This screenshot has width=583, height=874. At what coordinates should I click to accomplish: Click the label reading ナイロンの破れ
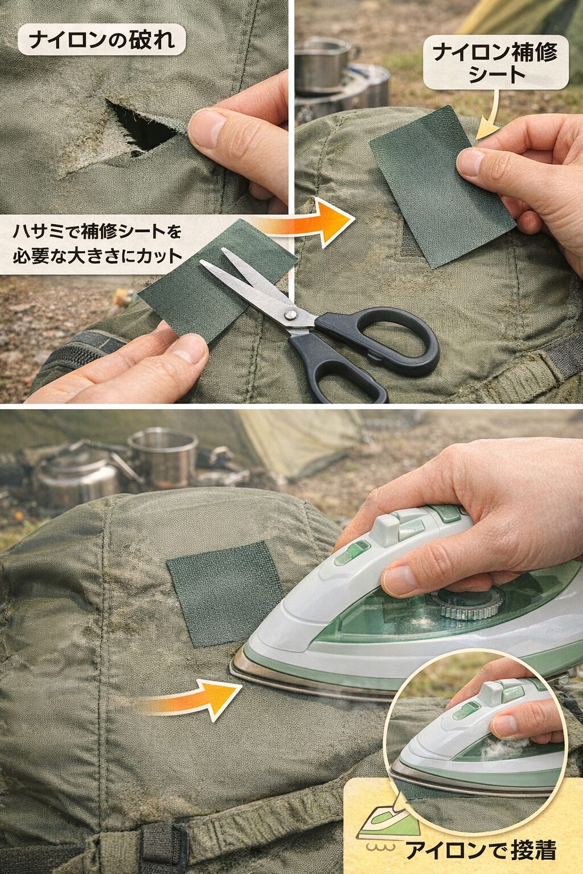[x=101, y=40]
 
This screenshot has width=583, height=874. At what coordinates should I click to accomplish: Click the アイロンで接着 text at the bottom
[x=481, y=850]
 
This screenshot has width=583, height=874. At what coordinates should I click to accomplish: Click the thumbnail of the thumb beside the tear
[x=206, y=126]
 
